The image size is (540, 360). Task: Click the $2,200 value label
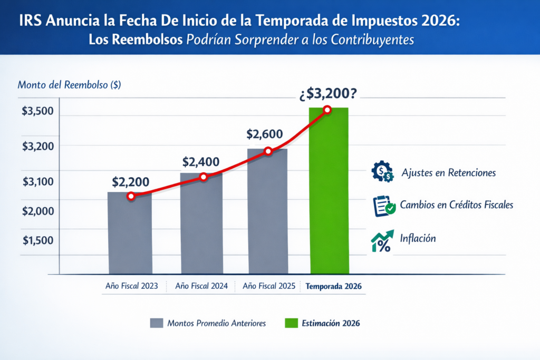(x=130, y=182)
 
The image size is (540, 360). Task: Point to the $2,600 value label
(x=265, y=134)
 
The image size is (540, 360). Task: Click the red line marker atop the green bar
(x=327, y=110)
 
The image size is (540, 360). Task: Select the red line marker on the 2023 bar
(x=131, y=196)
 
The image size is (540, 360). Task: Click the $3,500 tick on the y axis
(x=37, y=112)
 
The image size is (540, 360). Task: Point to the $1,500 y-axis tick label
(x=37, y=240)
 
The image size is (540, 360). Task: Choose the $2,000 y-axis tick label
(x=37, y=211)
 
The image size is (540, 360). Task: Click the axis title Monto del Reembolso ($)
(x=69, y=85)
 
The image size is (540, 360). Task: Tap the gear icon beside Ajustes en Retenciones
(x=382, y=172)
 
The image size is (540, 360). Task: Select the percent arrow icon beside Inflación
(x=382, y=240)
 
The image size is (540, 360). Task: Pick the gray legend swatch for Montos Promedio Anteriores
(x=157, y=323)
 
